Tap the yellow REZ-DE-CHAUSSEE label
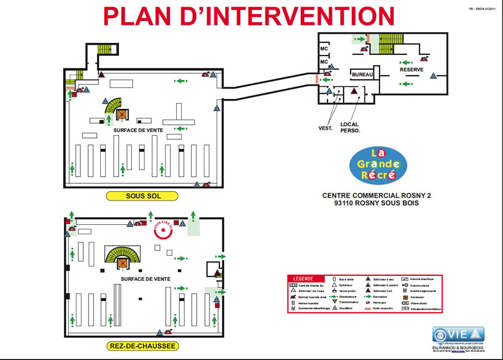(x=142, y=346)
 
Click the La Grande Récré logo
(x=378, y=164)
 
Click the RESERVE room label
(x=412, y=70)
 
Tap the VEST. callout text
(x=325, y=128)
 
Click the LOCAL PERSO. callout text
(x=350, y=127)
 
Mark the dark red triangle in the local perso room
(x=353, y=92)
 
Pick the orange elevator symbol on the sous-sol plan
(x=122, y=114)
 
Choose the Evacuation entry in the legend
(x=382, y=296)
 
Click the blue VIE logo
(x=458, y=335)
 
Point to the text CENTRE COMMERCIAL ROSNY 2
(x=377, y=196)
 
